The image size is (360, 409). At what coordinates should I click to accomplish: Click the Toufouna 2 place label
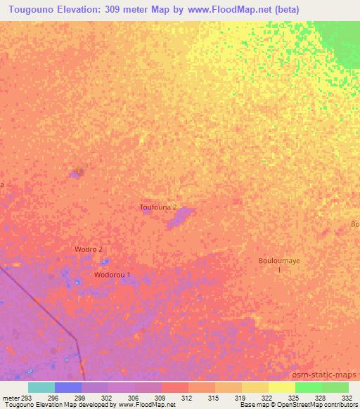coord(157,207)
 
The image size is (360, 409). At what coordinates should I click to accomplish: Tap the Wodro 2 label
coord(89,249)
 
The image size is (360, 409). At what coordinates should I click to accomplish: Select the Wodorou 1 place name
coord(112,275)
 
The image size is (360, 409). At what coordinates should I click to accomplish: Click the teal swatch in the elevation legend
coord(41,387)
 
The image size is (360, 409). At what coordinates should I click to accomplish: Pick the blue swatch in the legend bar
coord(68,387)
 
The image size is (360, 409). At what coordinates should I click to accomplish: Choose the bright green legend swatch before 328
coord(308,387)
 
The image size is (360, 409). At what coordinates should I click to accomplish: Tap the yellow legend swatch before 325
coord(281,387)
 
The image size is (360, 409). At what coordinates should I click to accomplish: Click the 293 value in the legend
coord(26,398)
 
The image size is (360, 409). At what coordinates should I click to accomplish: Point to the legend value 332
coord(345,398)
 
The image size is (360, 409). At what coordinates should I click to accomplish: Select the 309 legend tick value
coord(161,398)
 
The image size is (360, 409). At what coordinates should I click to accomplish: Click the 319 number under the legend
coord(240,398)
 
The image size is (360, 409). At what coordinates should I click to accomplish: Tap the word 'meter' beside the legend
coord(9,398)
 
